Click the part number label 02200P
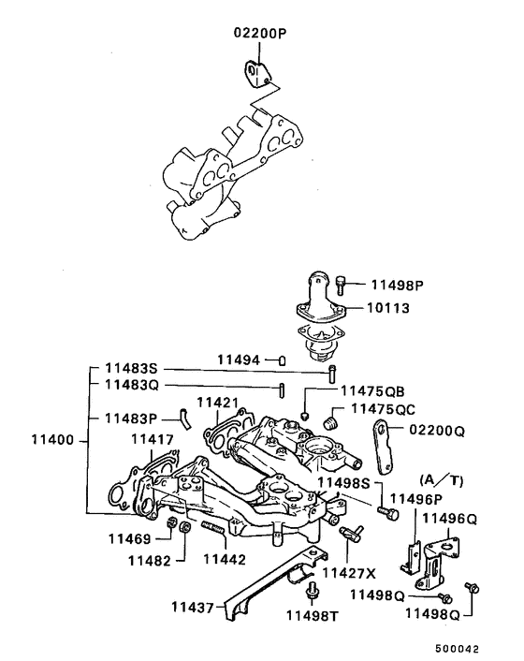259,34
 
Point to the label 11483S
132,370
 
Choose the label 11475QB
372,391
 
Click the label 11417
152,438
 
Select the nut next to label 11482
185,529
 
